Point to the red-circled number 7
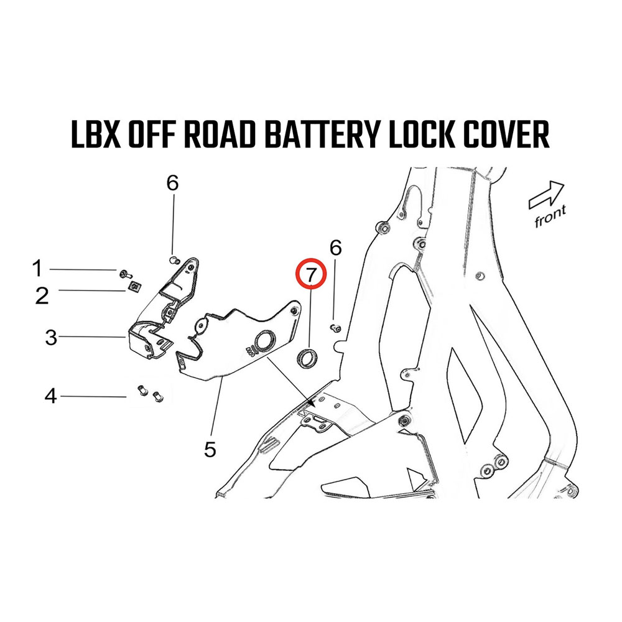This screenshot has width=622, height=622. [310, 274]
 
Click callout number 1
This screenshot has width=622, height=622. [37, 269]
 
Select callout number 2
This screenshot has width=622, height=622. [42, 295]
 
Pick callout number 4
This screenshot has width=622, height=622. [50, 395]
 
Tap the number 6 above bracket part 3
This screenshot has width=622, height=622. [172, 183]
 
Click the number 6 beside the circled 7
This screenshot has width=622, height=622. [335, 248]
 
